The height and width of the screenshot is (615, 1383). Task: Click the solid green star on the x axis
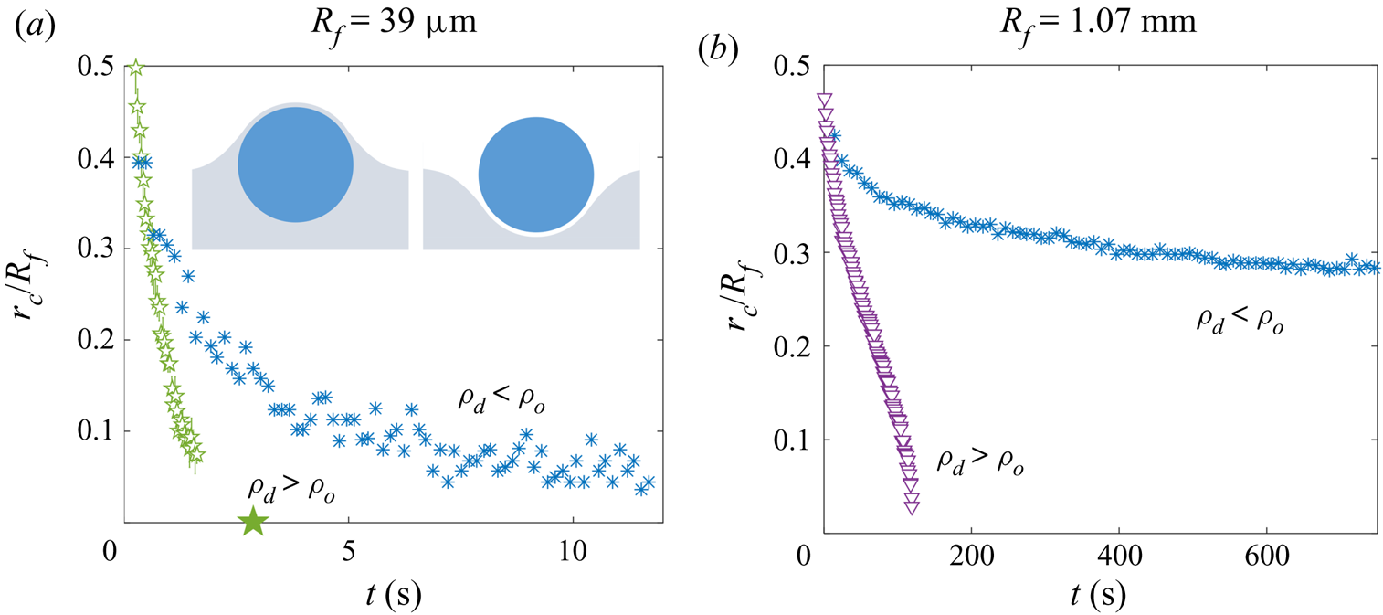(x=253, y=522)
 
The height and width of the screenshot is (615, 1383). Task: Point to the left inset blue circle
(x=295, y=165)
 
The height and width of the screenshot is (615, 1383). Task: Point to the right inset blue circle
(x=536, y=173)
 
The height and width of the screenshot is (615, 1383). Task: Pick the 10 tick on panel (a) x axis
(x=572, y=553)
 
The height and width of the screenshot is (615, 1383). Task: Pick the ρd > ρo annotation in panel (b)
(x=980, y=461)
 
